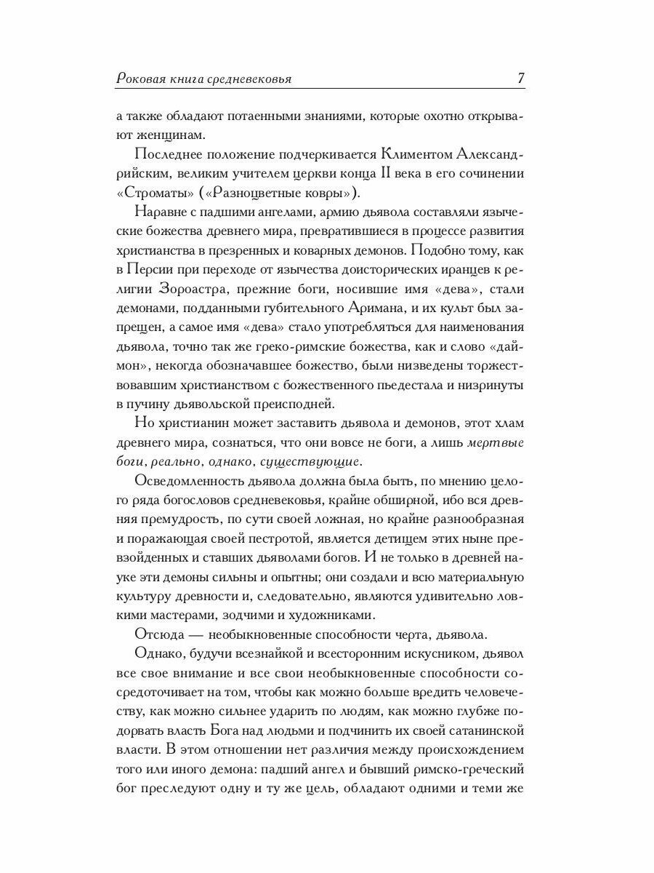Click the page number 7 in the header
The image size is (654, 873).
(x=520, y=79)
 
